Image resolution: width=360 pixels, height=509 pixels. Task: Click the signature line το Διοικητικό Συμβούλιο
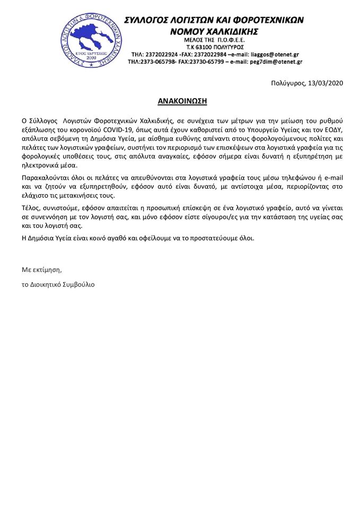(58, 284)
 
